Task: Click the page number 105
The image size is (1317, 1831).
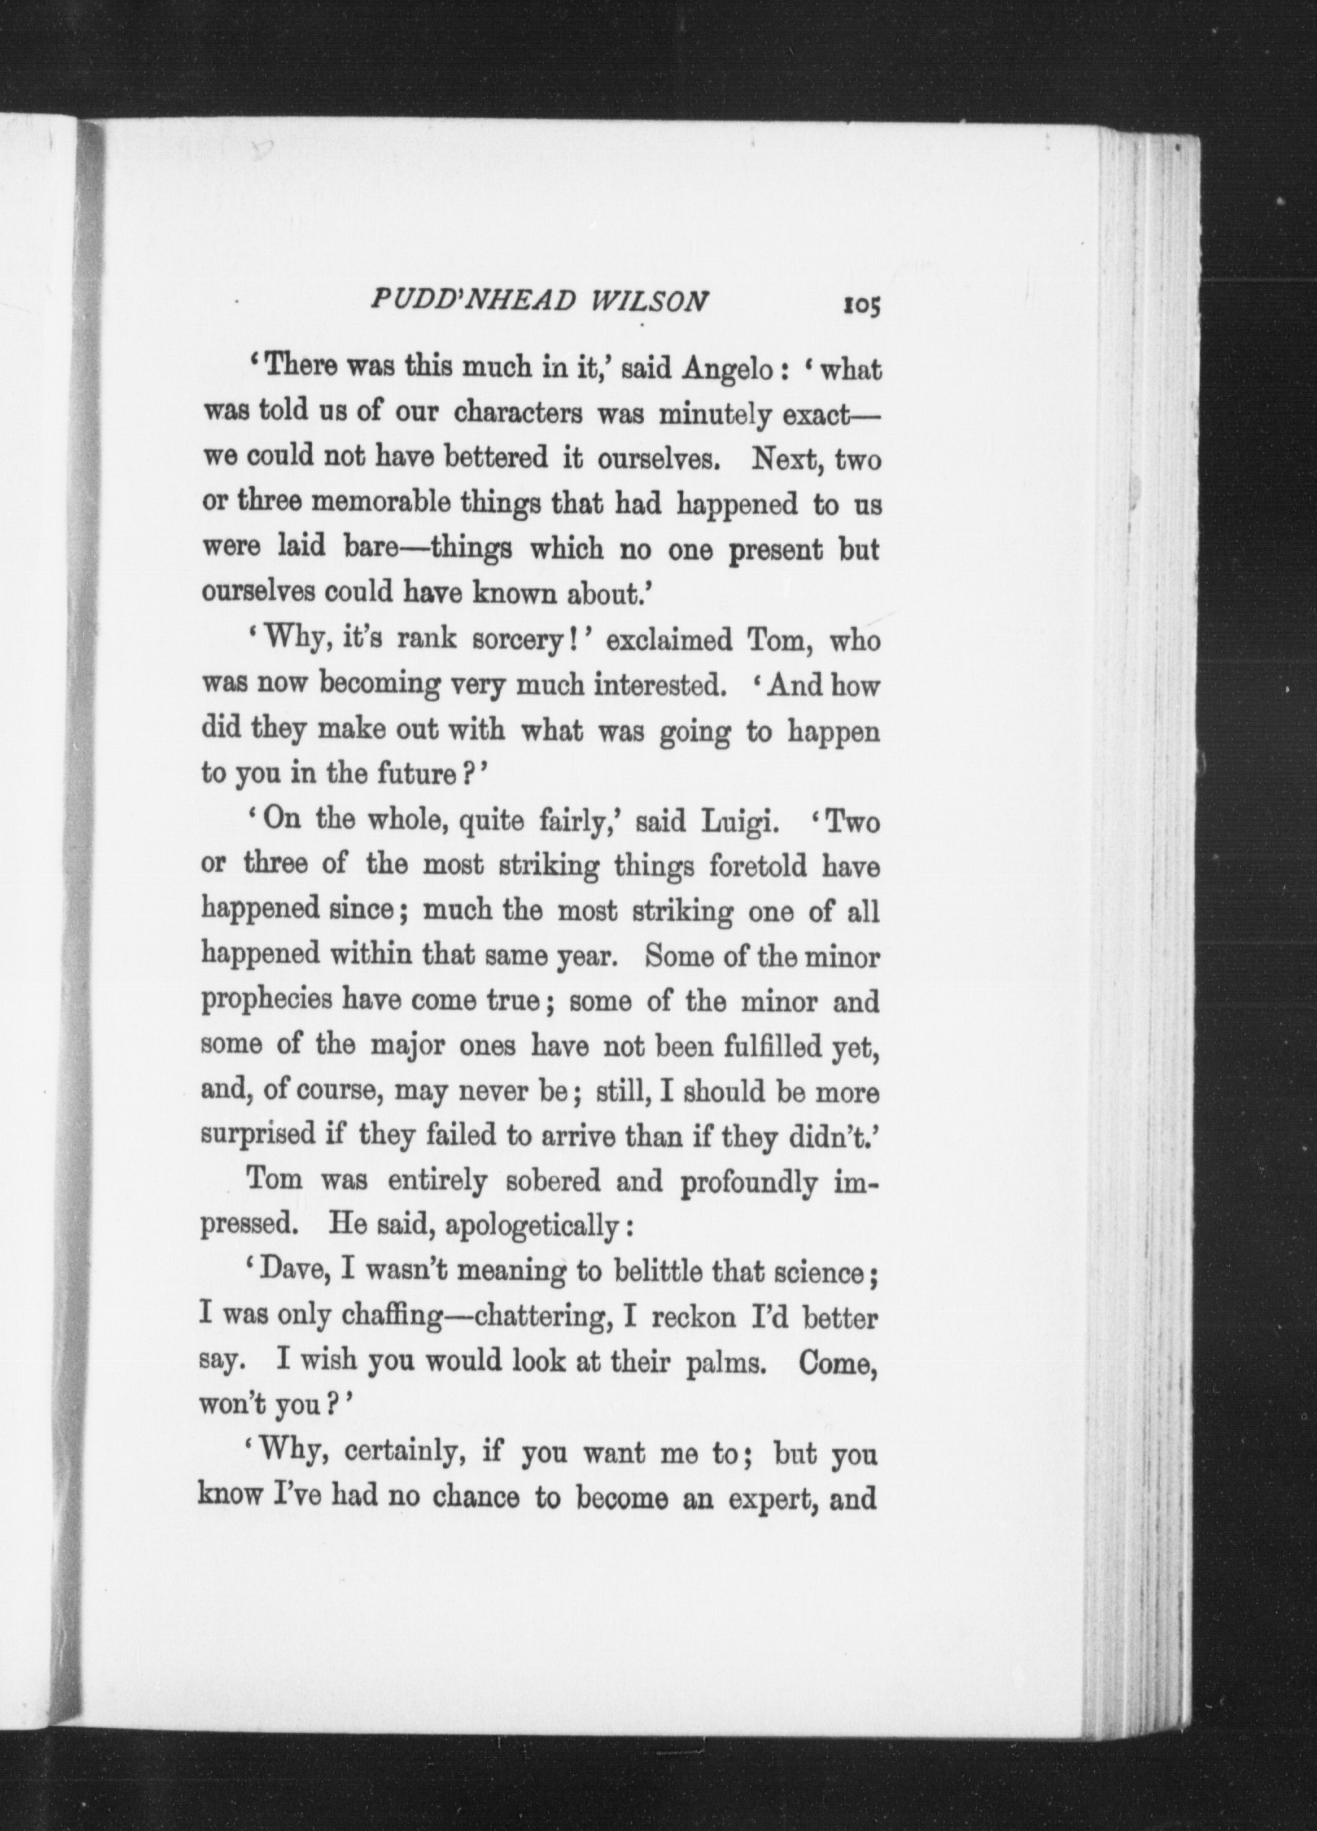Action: (861, 304)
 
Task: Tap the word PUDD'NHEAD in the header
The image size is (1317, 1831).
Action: (471, 301)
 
